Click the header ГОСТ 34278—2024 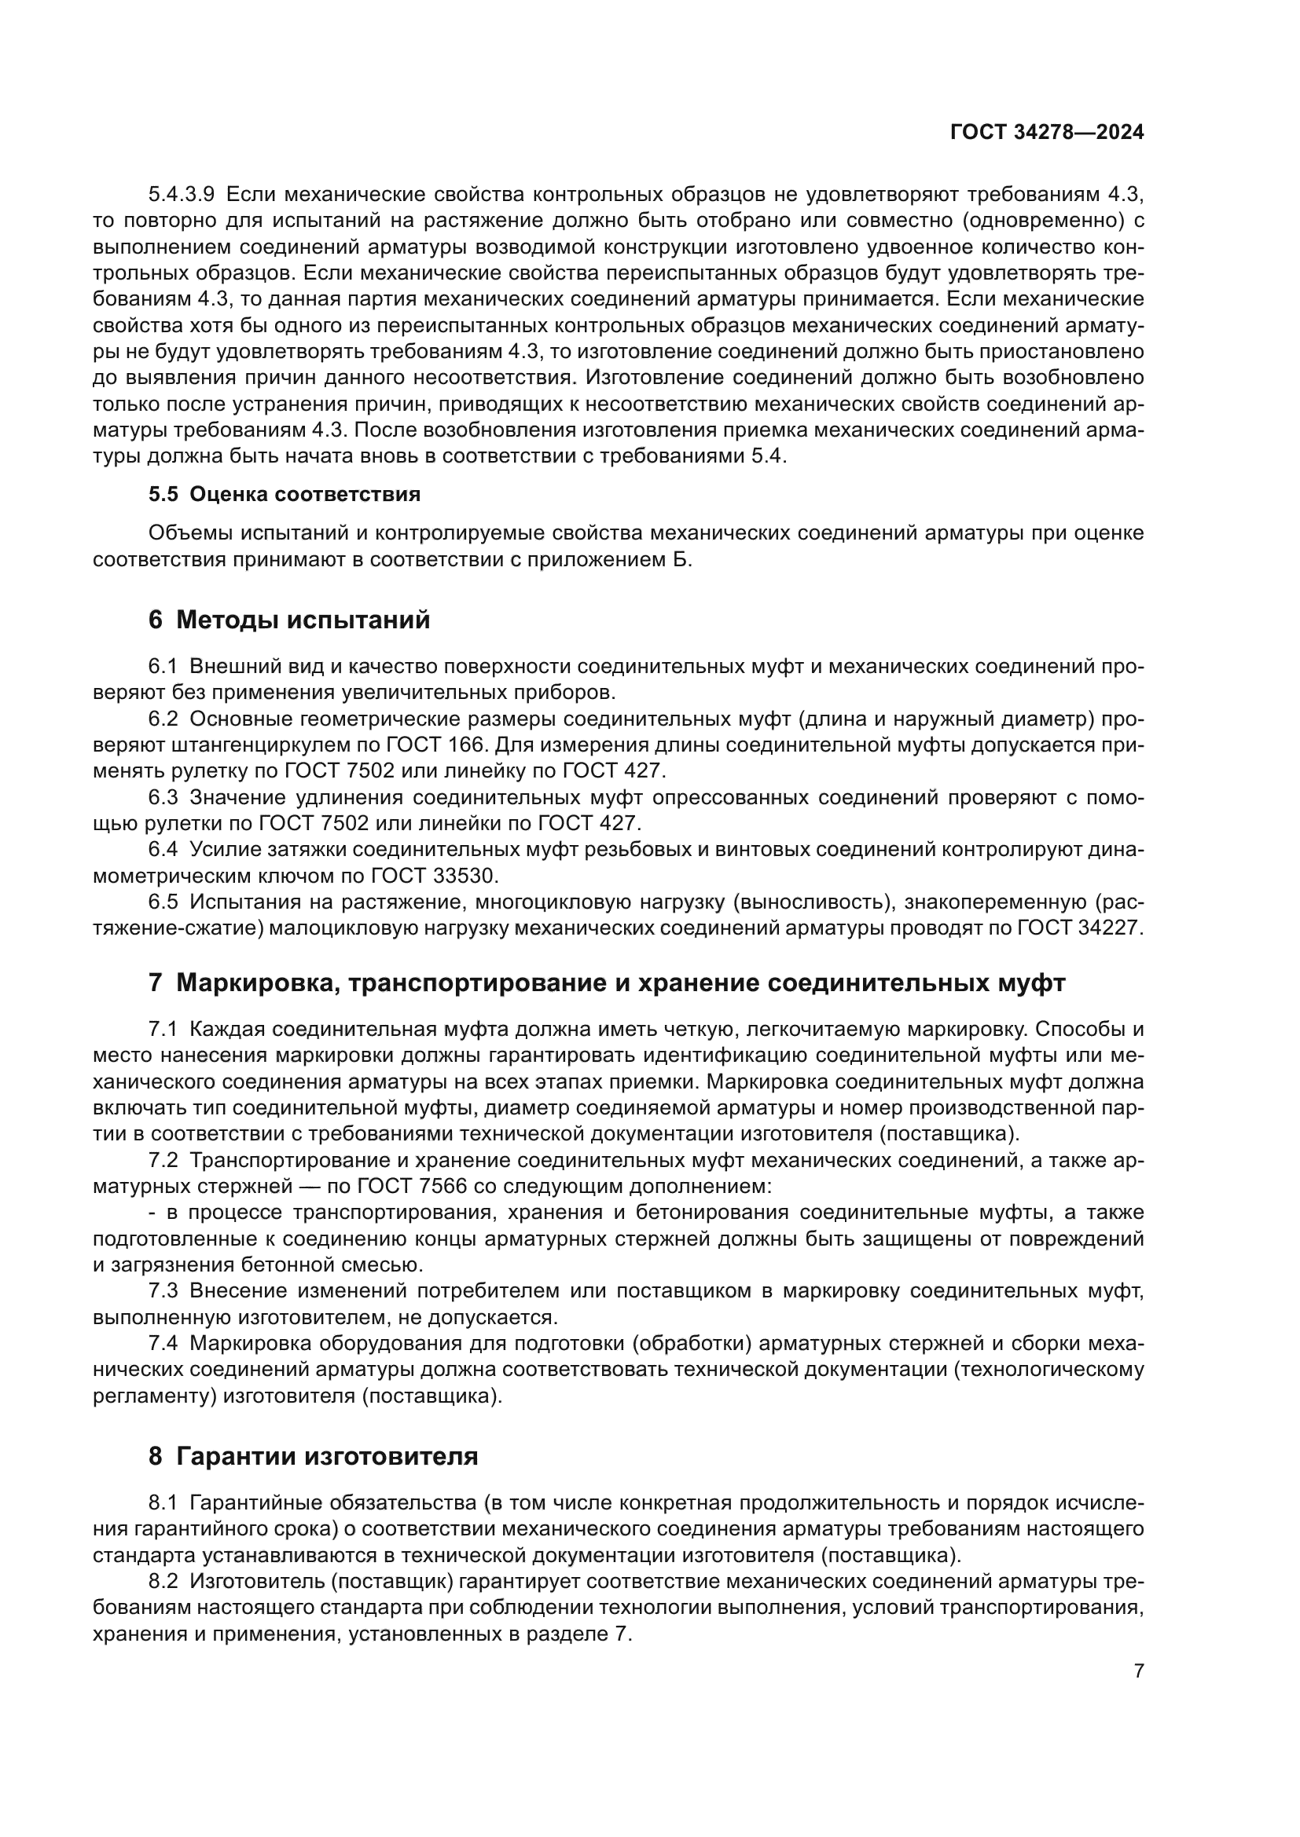(1046, 133)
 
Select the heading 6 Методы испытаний (289, 620)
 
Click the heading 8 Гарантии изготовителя (313, 1456)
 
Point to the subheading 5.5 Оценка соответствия (285, 495)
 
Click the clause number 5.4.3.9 (181, 195)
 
